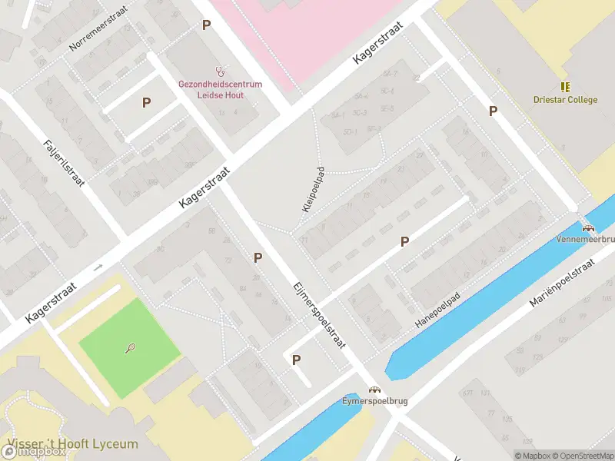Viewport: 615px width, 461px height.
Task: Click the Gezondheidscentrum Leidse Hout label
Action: pos(221,89)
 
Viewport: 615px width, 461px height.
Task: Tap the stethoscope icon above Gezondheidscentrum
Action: pos(221,68)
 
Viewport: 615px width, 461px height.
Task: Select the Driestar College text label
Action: pos(565,100)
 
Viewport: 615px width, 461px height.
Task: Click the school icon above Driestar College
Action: pos(565,87)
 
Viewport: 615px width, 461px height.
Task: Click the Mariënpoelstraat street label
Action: pos(563,284)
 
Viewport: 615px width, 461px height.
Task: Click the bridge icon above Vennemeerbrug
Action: pos(588,227)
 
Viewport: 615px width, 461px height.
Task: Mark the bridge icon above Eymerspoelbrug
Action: pos(375,390)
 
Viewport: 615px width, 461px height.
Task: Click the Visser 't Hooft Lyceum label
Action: pos(73,444)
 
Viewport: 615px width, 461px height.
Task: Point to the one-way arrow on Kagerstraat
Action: pos(98,267)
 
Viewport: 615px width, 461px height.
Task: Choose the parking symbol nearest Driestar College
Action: pos(493,111)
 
